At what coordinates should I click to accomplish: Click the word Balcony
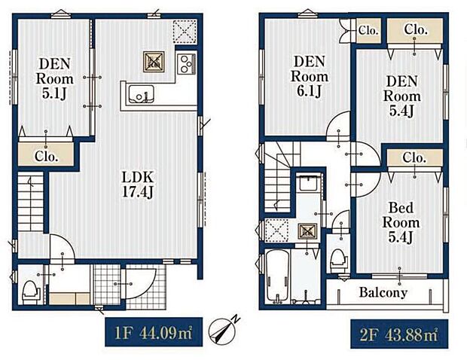(x=383, y=292)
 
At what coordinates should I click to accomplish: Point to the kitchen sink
(x=141, y=94)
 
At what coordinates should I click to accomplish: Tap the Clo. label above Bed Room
(x=414, y=158)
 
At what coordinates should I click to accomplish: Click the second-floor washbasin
(x=308, y=185)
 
